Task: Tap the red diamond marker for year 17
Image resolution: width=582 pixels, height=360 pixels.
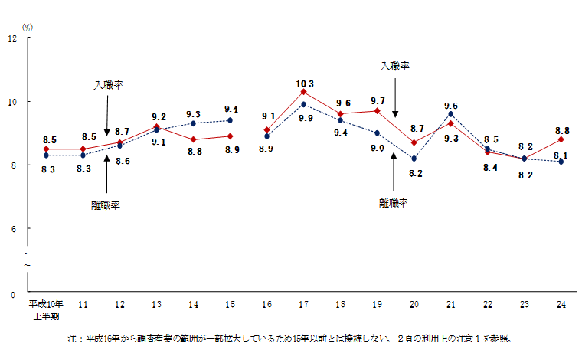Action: point(303,92)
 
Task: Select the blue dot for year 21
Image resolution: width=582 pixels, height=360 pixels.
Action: point(451,113)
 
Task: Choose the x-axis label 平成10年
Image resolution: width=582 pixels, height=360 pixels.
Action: point(45,304)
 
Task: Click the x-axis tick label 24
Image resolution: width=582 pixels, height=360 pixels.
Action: point(561,304)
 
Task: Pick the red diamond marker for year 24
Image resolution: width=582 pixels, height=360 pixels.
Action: point(561,139)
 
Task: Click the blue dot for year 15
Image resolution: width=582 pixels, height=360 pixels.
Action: point(230,120)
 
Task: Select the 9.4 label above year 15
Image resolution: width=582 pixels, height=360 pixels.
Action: point(230,109)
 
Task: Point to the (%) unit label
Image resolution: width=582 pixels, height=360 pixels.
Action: point(28,27)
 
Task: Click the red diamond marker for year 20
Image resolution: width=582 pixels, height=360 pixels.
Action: point(414,142)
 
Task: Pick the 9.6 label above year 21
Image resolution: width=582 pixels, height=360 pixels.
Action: point(451,106)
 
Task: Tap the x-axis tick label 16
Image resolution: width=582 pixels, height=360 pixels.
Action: point(266,304)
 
